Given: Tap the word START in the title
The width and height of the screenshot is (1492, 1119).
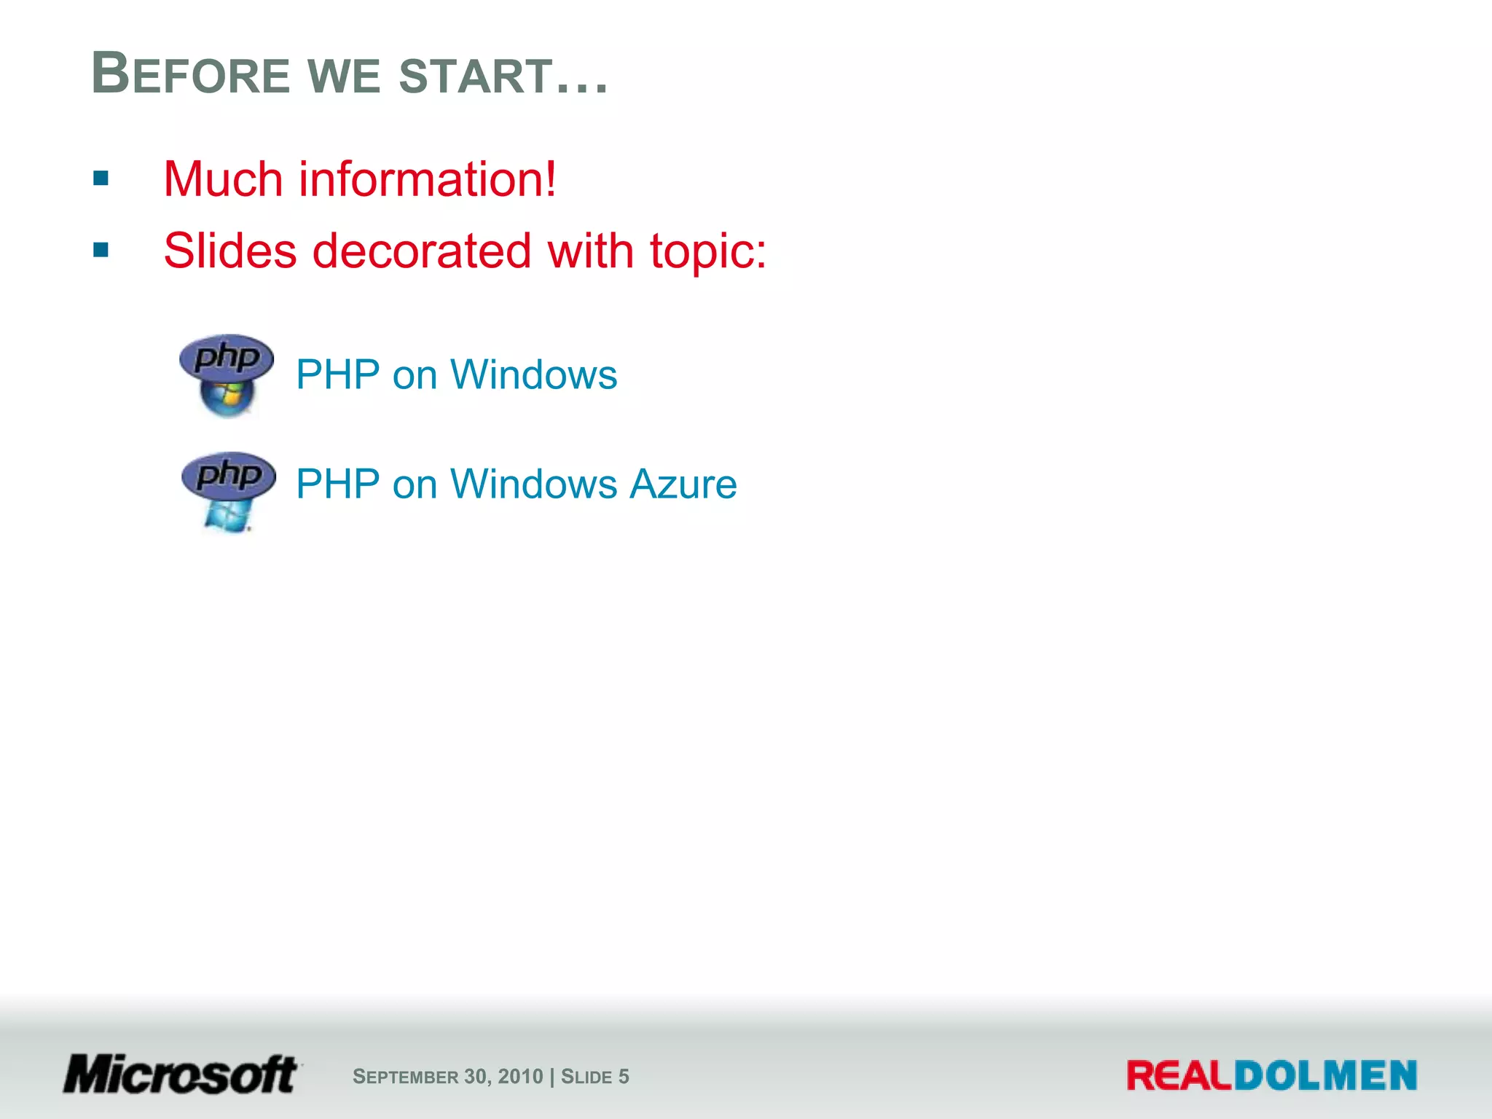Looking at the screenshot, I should click(476, 76).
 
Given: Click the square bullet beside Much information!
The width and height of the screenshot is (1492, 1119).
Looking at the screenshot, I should click(101, 178).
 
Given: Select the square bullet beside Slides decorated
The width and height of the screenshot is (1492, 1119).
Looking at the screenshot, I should click(101, 250).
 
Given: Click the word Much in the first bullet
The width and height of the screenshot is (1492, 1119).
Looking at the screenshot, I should click(223, 179).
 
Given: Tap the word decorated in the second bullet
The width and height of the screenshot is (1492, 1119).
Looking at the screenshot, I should click(422, 251).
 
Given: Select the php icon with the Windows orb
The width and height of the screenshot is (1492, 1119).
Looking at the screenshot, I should click(227, 375).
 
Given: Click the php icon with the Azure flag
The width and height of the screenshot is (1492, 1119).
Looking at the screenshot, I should click(228, 490).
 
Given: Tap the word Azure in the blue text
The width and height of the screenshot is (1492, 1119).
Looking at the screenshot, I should click(683, 484).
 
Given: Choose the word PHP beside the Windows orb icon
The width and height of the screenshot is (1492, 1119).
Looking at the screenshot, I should click(338, 375).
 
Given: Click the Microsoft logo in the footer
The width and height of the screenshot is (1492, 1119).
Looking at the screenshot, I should click(181, 1075).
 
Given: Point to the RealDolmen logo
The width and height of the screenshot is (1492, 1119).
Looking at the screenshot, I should click(1271, 1076).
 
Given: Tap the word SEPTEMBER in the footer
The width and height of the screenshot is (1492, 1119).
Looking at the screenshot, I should click(405, 1077).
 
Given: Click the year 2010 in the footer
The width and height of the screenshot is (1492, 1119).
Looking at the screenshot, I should click(520, 1077).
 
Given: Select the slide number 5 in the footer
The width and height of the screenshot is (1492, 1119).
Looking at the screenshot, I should click(624, 1077).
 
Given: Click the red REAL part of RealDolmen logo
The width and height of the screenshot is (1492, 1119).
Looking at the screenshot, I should click(1179, 1076).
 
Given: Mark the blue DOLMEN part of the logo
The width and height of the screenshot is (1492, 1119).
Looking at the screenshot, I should click(1325, 1076).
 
